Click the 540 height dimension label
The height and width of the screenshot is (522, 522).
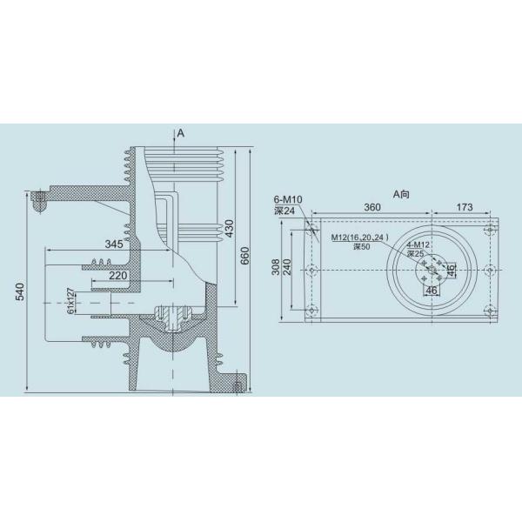click(21, 291)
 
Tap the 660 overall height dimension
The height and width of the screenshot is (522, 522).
click(244, 255)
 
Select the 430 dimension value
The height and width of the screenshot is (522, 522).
click(230, 228)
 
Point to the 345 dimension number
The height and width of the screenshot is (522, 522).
click(114, 244)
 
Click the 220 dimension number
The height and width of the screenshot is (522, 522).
click(118, 275)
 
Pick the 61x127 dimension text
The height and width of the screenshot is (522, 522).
click(70, 301)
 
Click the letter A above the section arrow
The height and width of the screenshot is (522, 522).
click(180, 133)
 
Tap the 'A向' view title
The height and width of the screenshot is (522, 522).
click(401, 194)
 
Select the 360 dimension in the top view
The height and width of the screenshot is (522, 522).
click(371, 207)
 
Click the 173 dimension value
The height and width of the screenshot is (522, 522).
click(464, 207)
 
